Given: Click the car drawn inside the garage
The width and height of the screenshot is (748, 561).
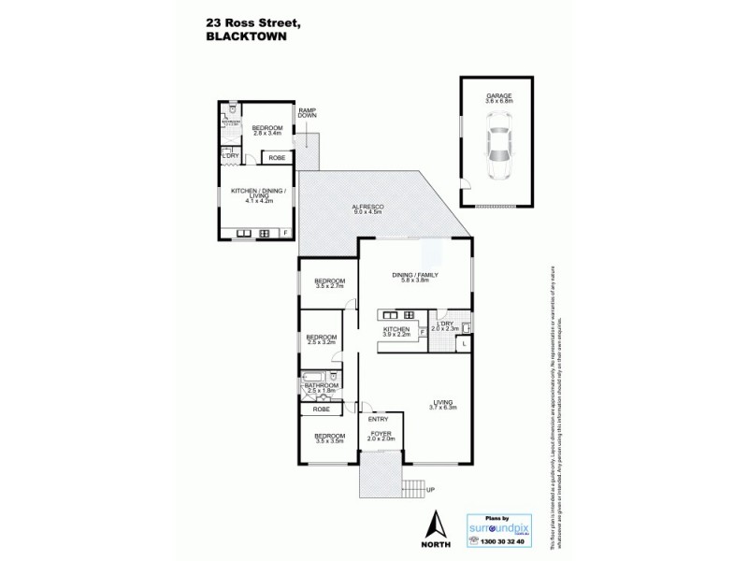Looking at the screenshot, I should point(496,148).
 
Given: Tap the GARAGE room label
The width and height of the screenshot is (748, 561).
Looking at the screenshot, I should point(496,96).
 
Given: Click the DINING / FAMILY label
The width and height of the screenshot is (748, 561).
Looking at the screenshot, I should point(413,276).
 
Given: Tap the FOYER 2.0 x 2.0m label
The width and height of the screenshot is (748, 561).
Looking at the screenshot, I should point(382,437).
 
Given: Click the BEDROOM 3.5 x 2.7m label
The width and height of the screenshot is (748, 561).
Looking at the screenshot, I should point(329,283).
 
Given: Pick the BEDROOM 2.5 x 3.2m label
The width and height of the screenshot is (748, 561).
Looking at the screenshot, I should point(321,340).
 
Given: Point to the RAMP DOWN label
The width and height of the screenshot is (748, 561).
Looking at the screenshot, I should point(307,114).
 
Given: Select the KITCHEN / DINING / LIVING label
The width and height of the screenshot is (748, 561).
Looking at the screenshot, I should point(256,194).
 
